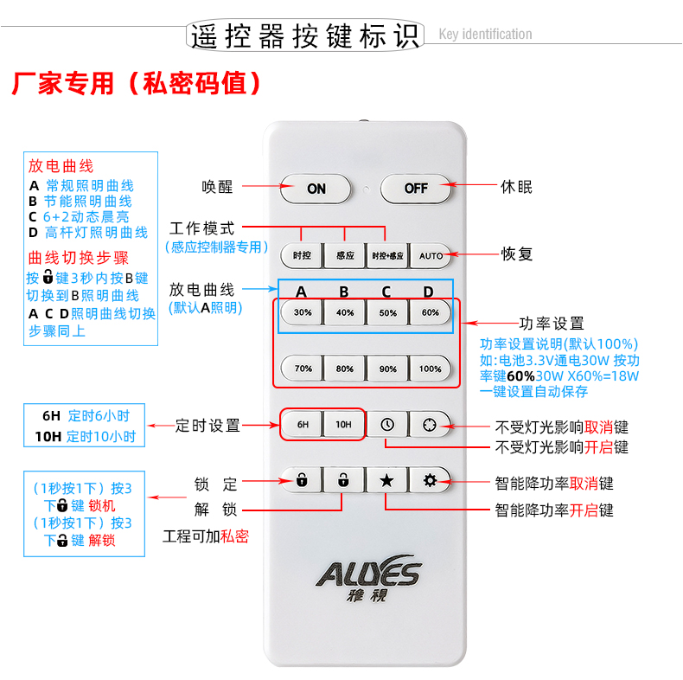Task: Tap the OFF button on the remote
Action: click(x=416, y=189)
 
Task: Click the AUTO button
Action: click(x=431, y=255)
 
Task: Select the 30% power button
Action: click(x=303, y=312)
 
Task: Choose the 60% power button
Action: click(x=431, y=312)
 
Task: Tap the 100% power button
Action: click(x=431, y=369)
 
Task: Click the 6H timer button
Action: click(x=303, y=424)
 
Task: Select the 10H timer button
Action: click(x=344, y=424)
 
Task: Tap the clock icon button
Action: click(x=387, y=424)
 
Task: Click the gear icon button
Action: click(x=431, y=480)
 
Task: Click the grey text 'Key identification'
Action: click(x=485, y=34)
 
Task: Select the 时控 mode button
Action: click(x=303, y=255)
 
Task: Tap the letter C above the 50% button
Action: click(x=386, y=292)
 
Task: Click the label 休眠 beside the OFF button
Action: click(x=516, y=187)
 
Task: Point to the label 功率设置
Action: click(x=552, y=324)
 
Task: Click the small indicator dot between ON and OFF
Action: click(x=367, y=189)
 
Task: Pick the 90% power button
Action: click(x=387, y=369)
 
